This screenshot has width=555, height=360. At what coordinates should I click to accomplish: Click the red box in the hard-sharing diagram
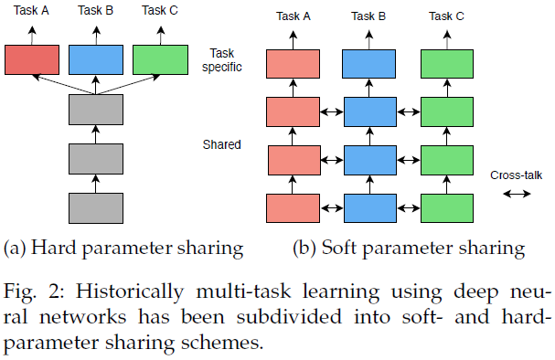(x=31, y=59)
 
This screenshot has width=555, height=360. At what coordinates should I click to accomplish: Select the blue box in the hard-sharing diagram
(x=95, y=59)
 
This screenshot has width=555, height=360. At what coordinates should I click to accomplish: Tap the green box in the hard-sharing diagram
(x=159, y=59)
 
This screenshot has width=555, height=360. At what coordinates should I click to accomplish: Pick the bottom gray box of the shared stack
(x=95, y=206)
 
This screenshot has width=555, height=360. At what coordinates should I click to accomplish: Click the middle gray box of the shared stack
(x=95, y=158)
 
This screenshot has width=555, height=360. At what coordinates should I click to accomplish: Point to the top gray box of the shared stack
(x=95, y=111)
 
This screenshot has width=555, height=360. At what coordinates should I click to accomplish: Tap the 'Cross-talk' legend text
(x=517, y=175)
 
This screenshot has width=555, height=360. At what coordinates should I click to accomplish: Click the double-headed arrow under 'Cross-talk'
(x=517, y=194)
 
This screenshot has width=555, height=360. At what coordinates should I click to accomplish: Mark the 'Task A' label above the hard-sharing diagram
(x=31, y=10)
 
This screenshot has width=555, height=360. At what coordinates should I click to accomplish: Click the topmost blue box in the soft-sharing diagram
(x=368, y=64)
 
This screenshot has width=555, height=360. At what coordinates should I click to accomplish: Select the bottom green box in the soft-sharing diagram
(x=446, y=207)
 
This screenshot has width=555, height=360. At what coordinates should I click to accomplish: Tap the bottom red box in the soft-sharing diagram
(x=292, y=207)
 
